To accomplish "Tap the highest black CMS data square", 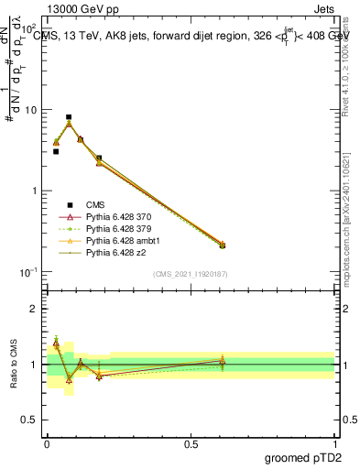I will point(69,117).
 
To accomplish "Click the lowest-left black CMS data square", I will point(56,152).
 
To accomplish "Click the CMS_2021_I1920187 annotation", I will point(191,274).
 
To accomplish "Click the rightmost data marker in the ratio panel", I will point(222,361).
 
